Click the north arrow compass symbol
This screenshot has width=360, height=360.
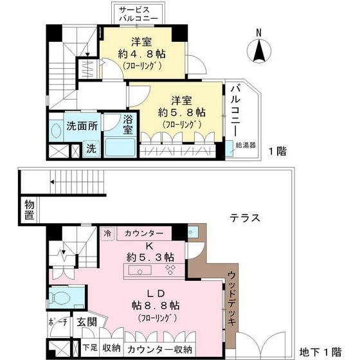point(258,49)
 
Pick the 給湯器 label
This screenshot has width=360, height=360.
point(246,146)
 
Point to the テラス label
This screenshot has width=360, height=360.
point(245,217)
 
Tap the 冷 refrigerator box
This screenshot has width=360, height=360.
point(108,233)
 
